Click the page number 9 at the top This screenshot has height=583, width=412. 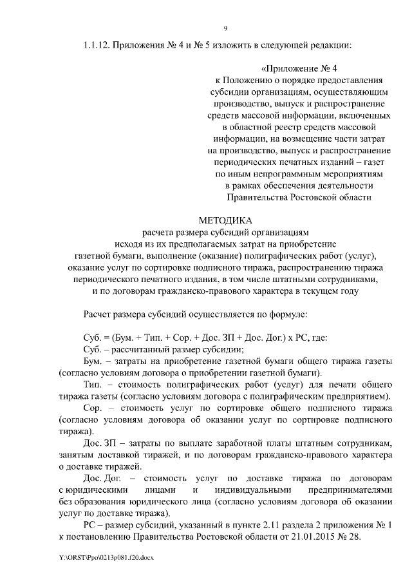pos(225,28)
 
